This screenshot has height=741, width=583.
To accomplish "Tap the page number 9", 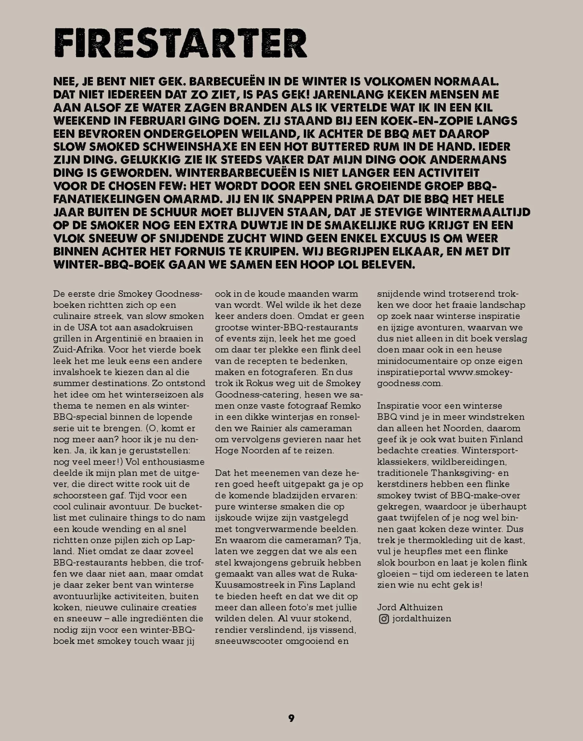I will click(x=291, y=718).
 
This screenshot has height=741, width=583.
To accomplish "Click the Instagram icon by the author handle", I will click(x=383, y=619).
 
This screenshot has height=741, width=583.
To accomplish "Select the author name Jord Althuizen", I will click(x=410, y=607).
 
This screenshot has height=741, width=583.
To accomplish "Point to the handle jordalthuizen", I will click(x=422, y=619).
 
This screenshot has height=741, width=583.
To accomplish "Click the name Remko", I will click(x=345, y=405).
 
